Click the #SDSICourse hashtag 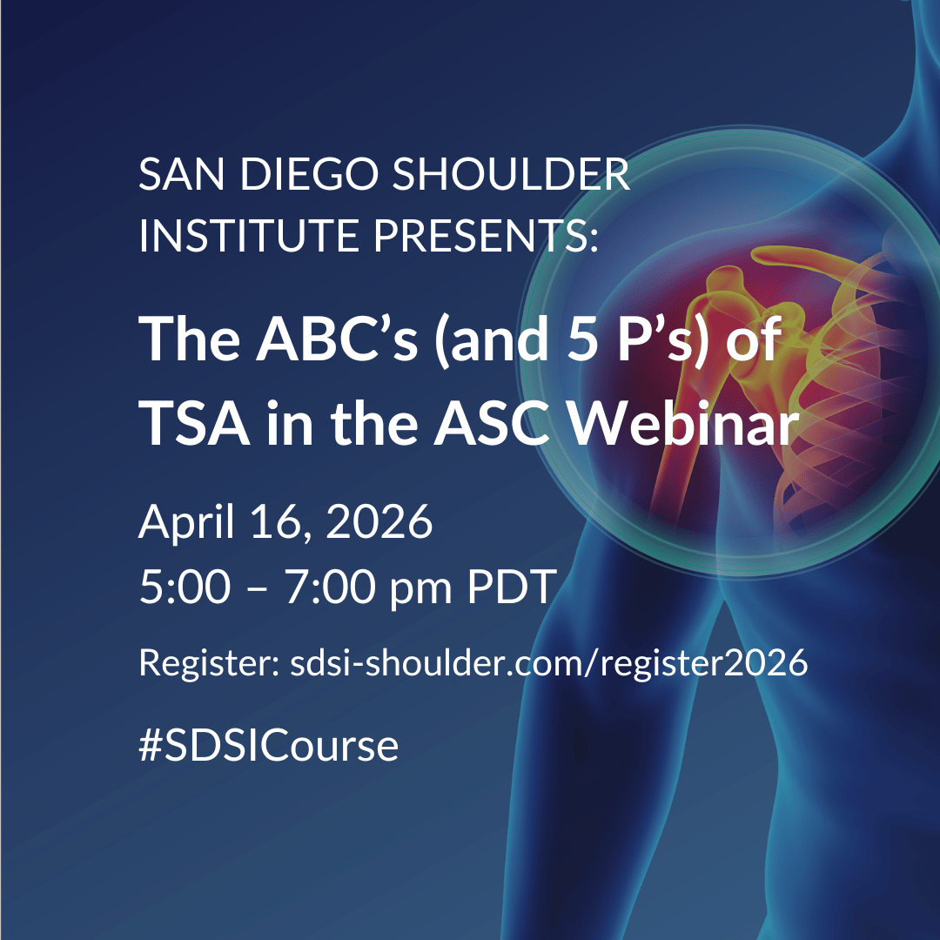click(x=268, y=746)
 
